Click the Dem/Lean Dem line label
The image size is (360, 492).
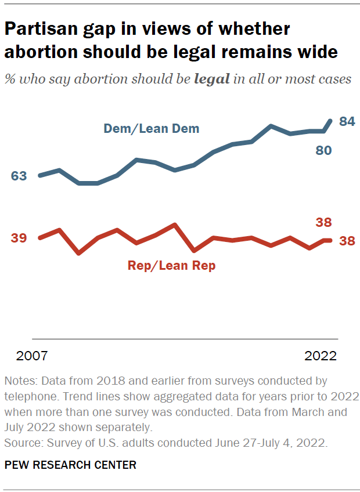coord(151,129)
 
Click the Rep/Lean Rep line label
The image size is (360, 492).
coord(171,266)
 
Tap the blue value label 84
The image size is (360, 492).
coord(347,121)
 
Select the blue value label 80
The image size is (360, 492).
coord(323,150)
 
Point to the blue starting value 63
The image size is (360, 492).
coord(19,176)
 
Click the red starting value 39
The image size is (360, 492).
coord(19,238)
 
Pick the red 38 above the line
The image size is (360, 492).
coord(323,222)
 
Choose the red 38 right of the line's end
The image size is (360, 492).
coord(347,241)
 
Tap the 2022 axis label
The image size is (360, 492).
coord(321,356)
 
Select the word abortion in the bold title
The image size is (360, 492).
coord(40,52)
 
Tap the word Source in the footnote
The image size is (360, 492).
coord(21,443)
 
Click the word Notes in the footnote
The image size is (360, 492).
coord(19,382)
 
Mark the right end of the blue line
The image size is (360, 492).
coord(331,121)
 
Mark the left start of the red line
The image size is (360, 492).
coord(39,238)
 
